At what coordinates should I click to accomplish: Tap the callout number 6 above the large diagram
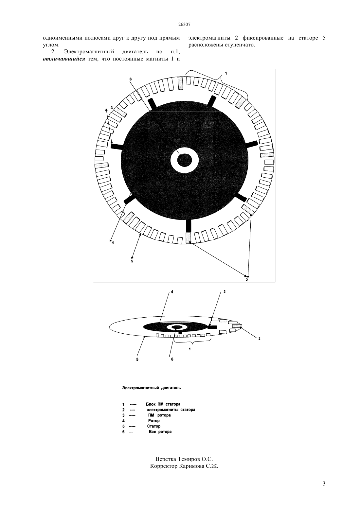(131, 79)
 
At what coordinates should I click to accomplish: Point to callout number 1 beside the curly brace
(226, 73)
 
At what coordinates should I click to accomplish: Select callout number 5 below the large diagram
(132, 261)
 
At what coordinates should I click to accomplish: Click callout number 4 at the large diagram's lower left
(113, 243)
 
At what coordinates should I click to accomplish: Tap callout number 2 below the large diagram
(246, 280)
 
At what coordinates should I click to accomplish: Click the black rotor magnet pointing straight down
(189, 225)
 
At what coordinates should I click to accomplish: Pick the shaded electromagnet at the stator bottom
(189, 238)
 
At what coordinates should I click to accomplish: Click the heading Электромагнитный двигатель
(152, 388)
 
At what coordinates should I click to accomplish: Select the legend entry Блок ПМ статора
(163, 404)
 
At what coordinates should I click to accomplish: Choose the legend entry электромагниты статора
(171, 410)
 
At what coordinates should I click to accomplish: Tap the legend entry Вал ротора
(160, 431)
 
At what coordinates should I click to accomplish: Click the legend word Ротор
(154, 421)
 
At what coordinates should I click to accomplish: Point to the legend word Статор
(154, 426)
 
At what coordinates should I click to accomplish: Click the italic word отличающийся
(64, 59)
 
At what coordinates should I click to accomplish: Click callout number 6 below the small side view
(172, 359)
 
